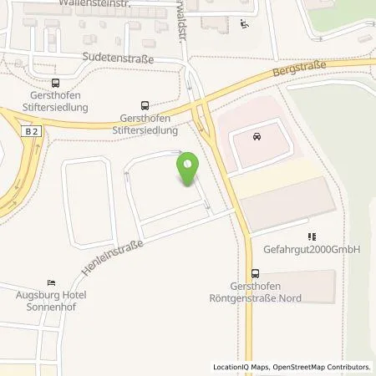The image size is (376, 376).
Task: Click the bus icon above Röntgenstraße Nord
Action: point(254,272)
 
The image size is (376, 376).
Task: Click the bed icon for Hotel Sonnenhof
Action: point(52,282)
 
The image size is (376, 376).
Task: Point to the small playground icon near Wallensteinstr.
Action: point(242,24)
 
